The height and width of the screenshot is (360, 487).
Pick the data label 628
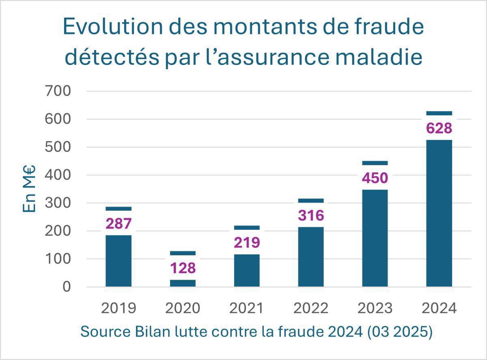439,129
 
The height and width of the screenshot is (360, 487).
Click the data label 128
183,268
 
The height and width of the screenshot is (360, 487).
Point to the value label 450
375,178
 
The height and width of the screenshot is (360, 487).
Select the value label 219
247,243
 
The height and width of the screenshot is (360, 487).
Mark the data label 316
311,216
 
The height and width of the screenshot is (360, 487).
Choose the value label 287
119,224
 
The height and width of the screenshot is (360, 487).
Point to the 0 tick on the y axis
67,287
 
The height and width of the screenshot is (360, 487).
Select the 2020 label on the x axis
183,308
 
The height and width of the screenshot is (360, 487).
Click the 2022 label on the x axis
311,308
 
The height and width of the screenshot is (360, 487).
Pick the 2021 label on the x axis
247,308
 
